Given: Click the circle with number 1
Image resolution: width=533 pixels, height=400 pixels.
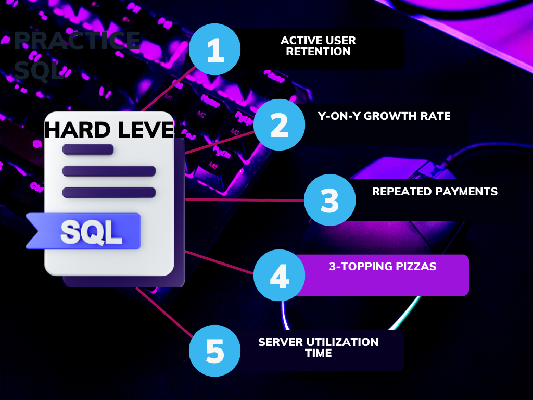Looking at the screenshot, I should (214, 49).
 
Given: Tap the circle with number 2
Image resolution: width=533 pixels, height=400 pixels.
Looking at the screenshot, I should (280, 124).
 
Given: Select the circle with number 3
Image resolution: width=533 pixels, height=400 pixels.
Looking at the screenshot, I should (329, 199).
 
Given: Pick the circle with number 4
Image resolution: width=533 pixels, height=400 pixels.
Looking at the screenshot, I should (280, 275).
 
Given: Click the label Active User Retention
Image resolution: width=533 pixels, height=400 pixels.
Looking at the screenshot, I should (318, 46).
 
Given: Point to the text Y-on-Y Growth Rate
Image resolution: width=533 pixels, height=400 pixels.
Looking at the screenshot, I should (384, 116).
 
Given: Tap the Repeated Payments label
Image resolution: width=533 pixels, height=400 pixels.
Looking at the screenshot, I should (435, 191).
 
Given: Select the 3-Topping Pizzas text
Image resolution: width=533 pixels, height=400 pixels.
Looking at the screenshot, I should (383, 267).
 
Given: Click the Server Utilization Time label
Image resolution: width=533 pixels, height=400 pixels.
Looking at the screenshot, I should (318, 347).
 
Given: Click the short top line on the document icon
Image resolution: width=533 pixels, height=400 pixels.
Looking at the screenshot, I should (87, 149).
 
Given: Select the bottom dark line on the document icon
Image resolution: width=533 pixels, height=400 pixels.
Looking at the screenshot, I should (109, 192).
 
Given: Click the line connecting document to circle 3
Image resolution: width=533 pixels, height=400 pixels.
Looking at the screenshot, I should (245, 199).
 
